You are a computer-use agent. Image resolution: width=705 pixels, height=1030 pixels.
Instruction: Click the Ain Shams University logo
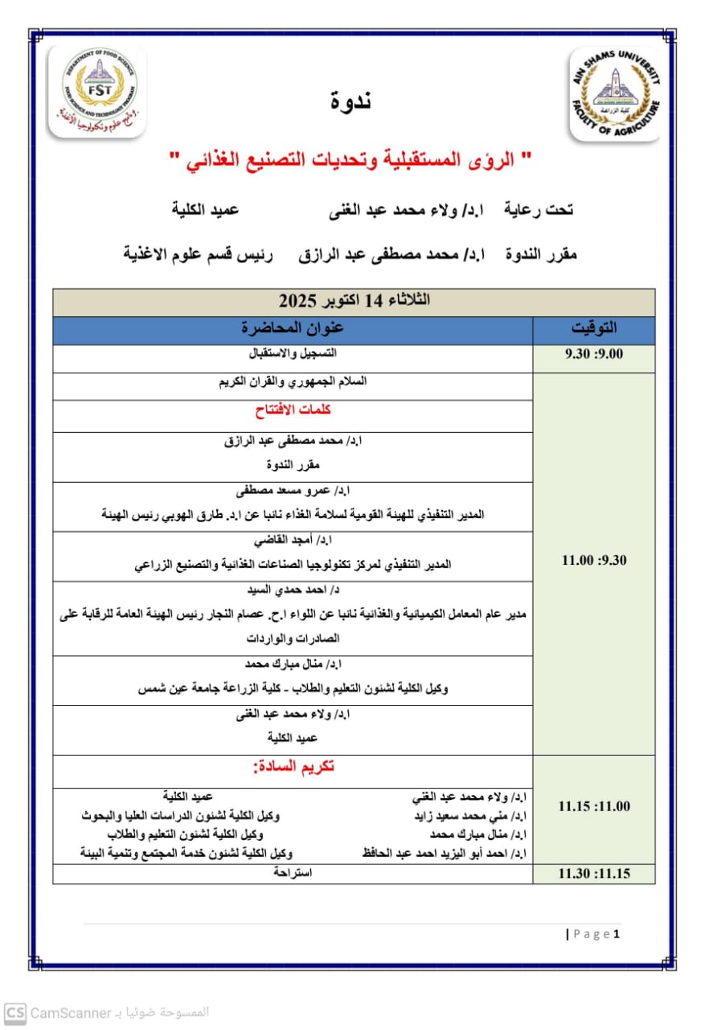point(614,93)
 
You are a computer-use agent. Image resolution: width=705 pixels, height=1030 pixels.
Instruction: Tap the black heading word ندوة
point(351,101)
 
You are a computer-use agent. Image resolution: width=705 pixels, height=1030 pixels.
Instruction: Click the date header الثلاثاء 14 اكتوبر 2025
point(354,302)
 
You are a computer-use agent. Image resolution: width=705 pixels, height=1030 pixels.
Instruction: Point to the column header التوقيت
point(593,328)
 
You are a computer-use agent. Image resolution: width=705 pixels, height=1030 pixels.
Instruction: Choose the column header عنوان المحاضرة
point(293,328)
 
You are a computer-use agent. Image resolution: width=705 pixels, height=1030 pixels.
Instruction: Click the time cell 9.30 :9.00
point(593,354)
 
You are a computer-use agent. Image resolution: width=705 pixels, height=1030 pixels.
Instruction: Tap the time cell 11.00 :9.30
point(593,561)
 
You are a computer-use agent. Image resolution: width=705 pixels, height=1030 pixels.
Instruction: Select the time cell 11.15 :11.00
point(593,806)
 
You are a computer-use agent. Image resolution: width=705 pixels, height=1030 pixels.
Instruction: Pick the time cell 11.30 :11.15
point(593,874)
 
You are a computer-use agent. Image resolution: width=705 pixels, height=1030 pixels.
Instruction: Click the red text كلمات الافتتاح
point(293,410)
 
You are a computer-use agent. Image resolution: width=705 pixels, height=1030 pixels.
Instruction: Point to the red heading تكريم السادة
point(293,767)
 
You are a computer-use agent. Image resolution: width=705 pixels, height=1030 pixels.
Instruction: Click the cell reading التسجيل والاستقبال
point(293,354)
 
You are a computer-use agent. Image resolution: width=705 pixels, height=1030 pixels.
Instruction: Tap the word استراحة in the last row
point(293,873)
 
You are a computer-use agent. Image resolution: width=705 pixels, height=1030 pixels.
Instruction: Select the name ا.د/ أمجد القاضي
point(293,539)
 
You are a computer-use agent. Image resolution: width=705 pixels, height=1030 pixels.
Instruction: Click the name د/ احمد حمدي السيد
point(293,589)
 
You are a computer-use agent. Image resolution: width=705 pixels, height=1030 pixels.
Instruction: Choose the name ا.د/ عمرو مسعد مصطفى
point(293,490)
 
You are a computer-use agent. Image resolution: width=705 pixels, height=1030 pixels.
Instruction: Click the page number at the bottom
point(617,934)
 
